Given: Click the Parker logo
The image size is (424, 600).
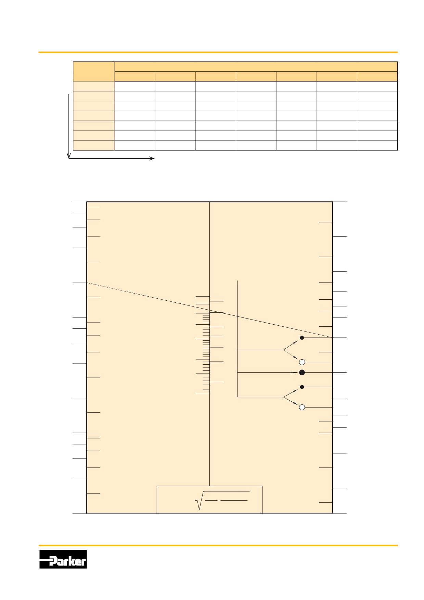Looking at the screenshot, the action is click(63, 559).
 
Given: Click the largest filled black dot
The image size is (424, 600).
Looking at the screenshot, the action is click(302, 373).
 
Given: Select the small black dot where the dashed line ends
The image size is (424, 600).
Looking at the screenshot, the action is click(302, 338).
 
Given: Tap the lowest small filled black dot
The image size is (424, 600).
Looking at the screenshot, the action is click(302, 387).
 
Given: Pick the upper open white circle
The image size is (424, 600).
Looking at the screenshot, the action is click(302, 362).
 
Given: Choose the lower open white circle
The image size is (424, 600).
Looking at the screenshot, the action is click(302, 407).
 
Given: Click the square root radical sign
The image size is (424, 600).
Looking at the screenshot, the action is click(199, 500).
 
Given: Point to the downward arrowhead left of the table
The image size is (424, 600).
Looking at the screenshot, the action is click(69, 156).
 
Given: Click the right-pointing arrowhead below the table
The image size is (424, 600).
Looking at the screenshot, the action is click(152, 158).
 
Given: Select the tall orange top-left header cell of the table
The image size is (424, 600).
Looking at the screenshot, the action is click(94, 72).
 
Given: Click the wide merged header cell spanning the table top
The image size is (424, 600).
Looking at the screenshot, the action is click(256, 67).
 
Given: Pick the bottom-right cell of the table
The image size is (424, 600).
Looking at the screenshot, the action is click(377, 145).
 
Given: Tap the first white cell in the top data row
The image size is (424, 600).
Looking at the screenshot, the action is click(135, 86).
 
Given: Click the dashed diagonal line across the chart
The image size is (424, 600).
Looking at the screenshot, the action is click(209, 310).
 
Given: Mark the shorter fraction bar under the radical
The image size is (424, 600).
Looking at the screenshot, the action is click(211, 500).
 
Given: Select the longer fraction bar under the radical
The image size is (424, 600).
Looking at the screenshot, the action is click(234, 500).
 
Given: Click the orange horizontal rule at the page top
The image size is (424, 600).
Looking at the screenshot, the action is click(218, 52).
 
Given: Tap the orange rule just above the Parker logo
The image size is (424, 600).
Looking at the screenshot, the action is click(218, 545).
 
